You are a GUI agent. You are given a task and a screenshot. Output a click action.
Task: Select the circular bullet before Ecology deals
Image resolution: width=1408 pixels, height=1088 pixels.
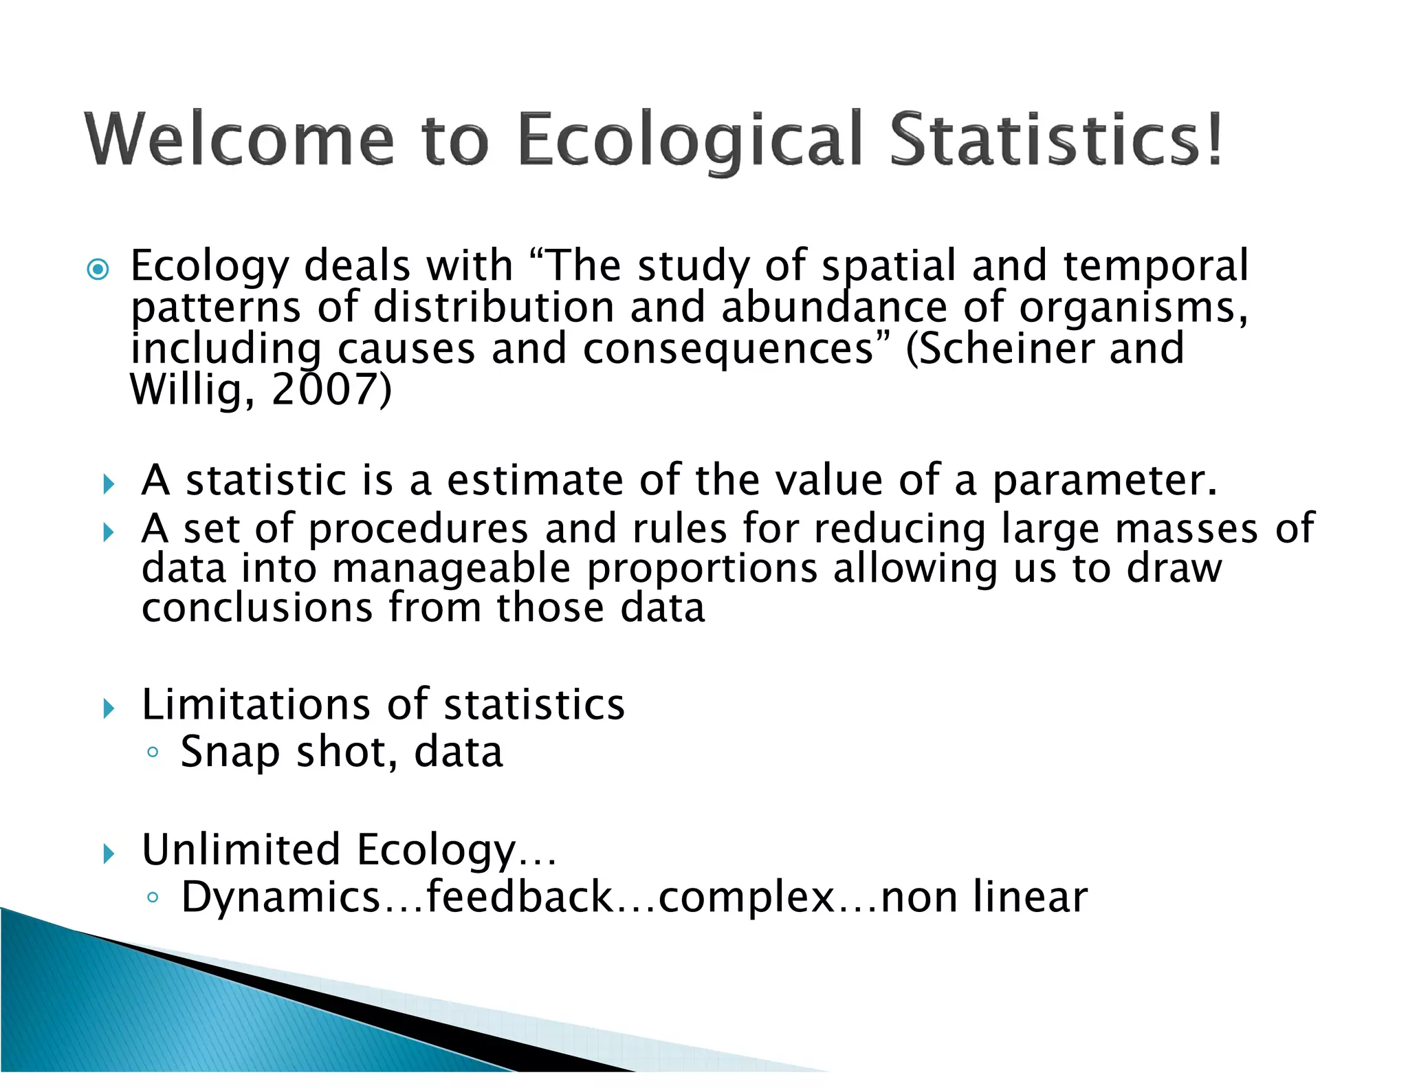(x=98, y=269)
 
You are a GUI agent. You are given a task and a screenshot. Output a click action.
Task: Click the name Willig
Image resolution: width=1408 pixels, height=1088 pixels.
(x=185, y=390)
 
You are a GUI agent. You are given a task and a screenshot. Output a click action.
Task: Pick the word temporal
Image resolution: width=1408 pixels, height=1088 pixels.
(x=1155, y=267)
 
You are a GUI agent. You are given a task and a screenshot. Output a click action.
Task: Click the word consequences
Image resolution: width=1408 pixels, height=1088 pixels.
(x=728, y=349)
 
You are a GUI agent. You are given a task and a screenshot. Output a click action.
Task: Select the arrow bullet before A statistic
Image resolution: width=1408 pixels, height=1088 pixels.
(x=108, y=484)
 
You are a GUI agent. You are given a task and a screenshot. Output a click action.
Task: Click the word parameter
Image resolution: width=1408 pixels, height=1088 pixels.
(x=1104, y=480)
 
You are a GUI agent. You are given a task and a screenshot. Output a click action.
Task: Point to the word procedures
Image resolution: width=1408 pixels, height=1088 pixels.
(x=418, y=529)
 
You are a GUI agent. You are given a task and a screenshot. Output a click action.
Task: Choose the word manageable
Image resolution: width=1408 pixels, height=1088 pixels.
(x=451, y=569)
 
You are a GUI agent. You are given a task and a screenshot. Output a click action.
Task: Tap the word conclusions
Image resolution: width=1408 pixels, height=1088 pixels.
(x=256, y=609)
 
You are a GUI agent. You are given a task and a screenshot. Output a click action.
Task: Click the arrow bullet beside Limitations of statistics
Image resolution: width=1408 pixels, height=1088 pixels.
(x=108, y=708)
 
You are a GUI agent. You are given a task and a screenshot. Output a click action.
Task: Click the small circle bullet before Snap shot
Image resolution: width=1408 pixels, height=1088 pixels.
(x=153, y=752)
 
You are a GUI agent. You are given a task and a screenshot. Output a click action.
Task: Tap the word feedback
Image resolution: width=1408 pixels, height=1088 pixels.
(x=520, y=897)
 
